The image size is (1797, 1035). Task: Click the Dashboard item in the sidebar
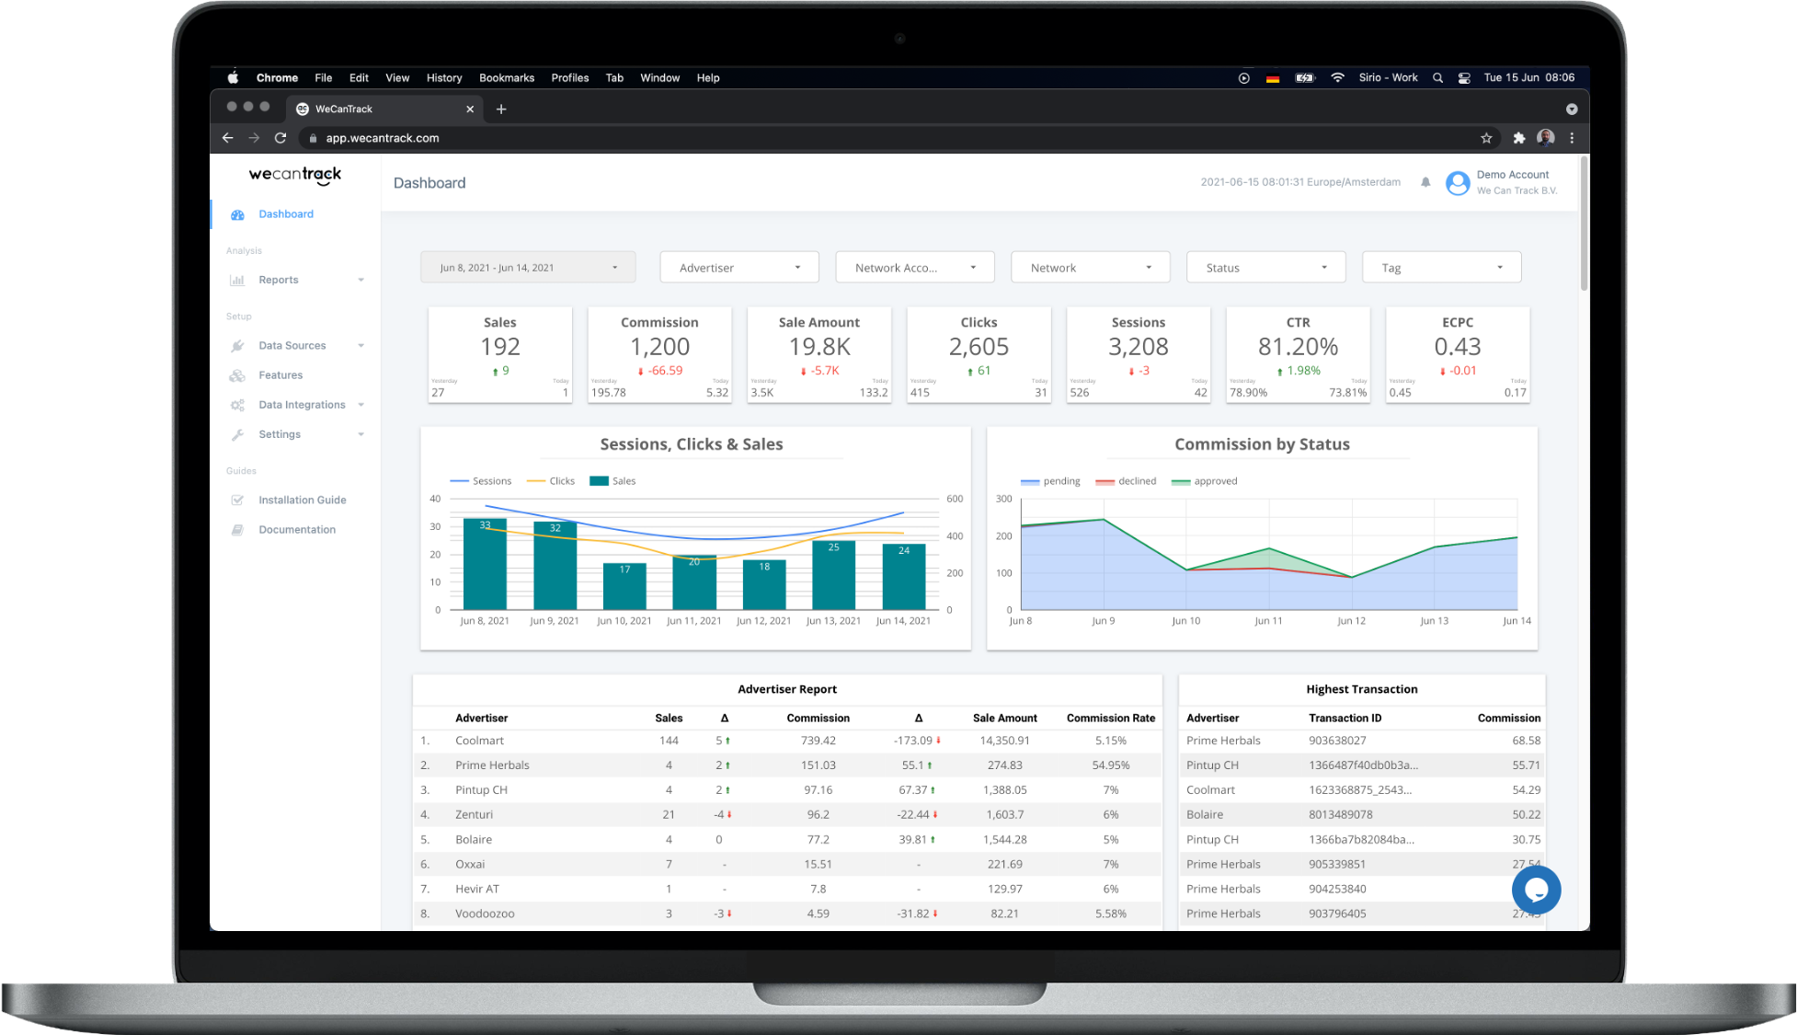pyautogui.click(x=285, y=214)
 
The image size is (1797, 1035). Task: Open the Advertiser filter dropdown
pyautogui.click(x=738, y=268)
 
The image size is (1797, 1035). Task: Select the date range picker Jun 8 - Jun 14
pyautogui.click(x=527, y=268)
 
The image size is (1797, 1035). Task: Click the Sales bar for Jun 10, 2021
pyautogui.click(x=624, y=586)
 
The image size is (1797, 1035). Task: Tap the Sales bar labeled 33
pyautogui.click(x=485, y=563)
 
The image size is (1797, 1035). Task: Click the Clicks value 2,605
pyautogui.click(x=979, y=347)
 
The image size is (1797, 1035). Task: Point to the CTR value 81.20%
pyautogui.click(x=1298, y=347)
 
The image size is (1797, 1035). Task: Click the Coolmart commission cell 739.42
pyautogui.click(x=818, y=741)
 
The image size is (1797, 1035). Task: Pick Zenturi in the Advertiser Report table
pyautogui.click(x=474, y=814)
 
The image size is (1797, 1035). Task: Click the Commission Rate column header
pyautogui.click(x=1110, y=719)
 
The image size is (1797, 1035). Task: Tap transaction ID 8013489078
pyautogui.click(x=1340, y=814)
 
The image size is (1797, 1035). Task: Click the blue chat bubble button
pyautogui.click(x=1536, y=890)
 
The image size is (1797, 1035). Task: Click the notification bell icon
pyautogui.click(x=1425, y=182)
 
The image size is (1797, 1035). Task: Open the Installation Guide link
pyautogui.click(x=302, y=500)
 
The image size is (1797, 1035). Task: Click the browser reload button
pyautogui.click(x=280, y=138)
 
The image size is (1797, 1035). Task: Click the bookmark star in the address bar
pyautogui.click(x=1486, y=138)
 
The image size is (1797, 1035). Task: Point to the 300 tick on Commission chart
pyautogui.click(x=1003, y=499)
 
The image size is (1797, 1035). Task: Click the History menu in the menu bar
pyautogui.click(x=444, y=78)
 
